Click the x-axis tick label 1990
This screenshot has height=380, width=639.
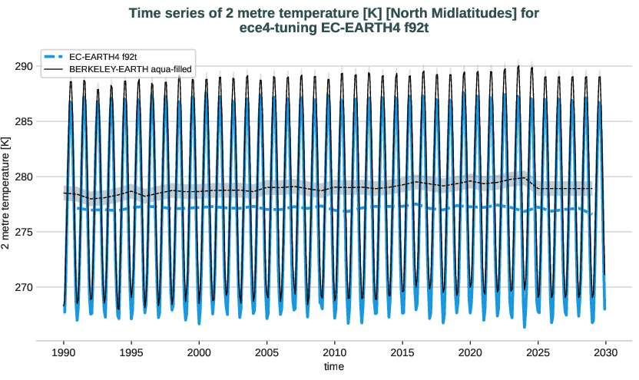63,351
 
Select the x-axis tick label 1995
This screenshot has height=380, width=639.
131,351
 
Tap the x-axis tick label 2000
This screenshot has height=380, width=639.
199,351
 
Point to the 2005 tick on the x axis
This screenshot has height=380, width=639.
267,351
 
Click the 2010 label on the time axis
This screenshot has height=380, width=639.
334,351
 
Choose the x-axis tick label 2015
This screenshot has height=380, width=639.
402,351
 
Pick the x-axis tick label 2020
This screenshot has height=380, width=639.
470,351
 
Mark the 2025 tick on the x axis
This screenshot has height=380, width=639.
538,351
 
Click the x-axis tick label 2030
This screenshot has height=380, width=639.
606,351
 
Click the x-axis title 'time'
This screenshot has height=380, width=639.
334,367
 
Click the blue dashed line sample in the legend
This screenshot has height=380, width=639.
53,57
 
